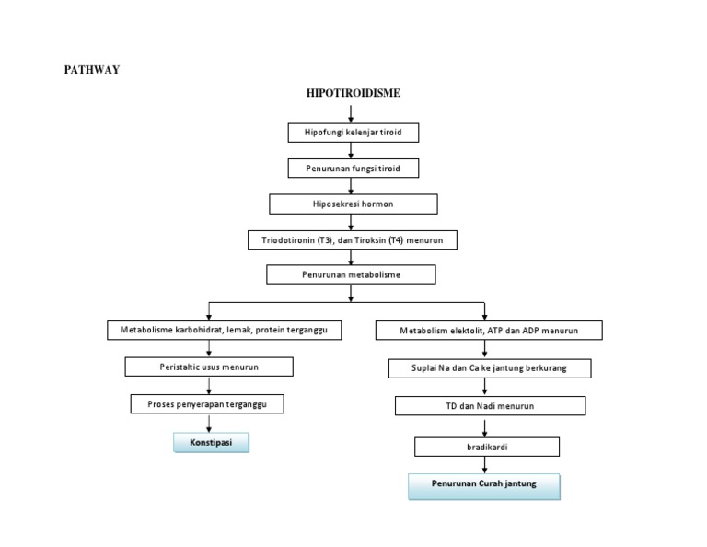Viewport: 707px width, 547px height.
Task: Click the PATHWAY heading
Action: pos(91,70)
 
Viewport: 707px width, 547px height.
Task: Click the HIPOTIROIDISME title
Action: pos(353,93)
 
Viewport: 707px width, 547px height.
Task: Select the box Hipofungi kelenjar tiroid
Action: pos(353,134)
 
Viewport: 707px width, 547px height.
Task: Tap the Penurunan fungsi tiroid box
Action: pos(353,169)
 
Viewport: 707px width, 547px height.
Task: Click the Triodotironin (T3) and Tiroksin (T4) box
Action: pos(353,240)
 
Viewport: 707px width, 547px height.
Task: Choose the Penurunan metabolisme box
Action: pos(351,274)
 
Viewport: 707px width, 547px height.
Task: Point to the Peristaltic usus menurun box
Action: pos(209,367)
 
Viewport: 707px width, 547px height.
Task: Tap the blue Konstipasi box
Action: pos(212,443)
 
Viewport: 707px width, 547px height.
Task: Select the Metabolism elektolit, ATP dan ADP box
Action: pos(489,331)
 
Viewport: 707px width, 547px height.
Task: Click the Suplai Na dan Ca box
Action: pos(489,368)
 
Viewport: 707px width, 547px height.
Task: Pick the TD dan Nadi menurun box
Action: pos(490,406)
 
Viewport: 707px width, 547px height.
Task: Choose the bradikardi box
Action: pos(487,447)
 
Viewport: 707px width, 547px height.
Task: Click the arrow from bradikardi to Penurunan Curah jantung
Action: pos(486,465)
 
